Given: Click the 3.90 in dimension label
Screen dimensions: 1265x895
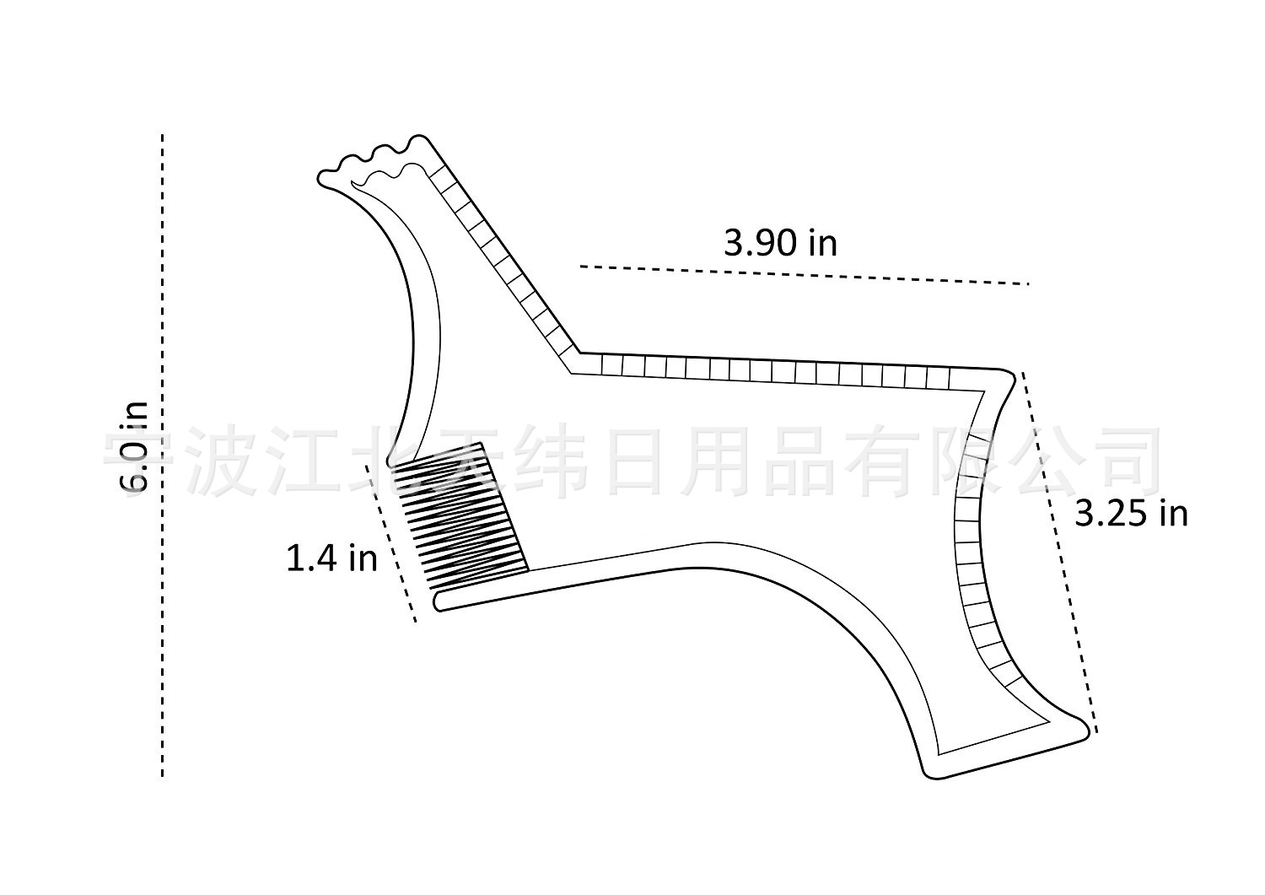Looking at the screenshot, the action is (780, 244).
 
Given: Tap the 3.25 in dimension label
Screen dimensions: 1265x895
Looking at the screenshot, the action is (1131, 515).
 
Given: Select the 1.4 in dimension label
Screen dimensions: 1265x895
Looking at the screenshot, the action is (331, 558).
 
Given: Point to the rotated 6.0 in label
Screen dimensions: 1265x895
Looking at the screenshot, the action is (134, 446).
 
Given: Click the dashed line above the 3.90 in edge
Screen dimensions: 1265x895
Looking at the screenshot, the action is (805, 275).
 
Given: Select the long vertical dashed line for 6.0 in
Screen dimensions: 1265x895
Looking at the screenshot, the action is (163, 456).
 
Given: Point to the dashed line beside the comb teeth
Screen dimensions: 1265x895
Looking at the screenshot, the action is (390, 543).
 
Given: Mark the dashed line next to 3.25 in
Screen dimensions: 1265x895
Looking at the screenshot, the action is (1059, 552).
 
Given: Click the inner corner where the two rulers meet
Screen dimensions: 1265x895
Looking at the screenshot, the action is (572, 373).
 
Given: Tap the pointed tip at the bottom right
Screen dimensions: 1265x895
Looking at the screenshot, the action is (1085, 729).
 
